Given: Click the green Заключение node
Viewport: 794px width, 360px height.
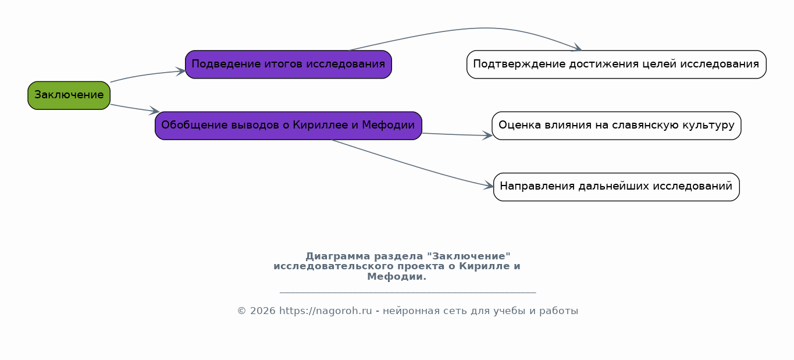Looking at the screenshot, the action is click(x=69, y=95).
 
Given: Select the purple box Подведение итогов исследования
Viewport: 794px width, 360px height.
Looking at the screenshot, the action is click(x=289, y=65).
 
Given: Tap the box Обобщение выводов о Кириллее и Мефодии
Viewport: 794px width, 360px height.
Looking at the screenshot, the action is click(x=289, y=126).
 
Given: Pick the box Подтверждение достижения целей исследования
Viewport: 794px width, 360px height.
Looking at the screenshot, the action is click(x=617, y=65).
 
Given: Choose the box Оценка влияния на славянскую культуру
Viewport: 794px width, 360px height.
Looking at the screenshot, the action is click(x=617, y=126).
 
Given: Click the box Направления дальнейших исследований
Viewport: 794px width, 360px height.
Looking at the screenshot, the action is click(x=617, y=187).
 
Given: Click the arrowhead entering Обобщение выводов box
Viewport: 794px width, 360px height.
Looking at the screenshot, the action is click(x=154, y=111).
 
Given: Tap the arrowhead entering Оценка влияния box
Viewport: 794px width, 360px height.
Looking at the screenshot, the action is click(x=487, y=136).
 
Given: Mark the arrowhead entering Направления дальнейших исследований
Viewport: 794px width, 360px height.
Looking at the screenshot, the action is click(x=489, y=186).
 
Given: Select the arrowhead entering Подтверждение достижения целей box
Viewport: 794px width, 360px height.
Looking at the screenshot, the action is click(x=576, y=48).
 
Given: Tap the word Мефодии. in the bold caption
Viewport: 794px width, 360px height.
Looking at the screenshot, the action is click(x=397, y=277).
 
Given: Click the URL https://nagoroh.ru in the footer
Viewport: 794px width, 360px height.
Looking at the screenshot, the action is click(x=326, y=311).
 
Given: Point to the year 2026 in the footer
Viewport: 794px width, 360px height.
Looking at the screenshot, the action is click(x=263, y=311).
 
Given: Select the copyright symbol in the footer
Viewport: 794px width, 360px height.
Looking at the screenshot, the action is click(x=242, y=311).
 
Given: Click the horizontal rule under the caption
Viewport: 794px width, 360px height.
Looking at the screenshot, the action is click(x=408, y=293).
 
